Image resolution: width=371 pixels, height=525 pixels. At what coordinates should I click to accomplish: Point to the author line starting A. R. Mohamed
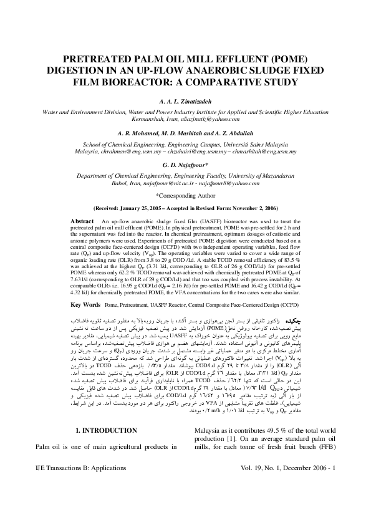tap(186, 132)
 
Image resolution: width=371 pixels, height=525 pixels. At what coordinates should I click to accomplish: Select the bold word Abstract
tap(82, 221)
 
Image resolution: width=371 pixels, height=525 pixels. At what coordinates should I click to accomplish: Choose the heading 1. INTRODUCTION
tap(112, 466)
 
